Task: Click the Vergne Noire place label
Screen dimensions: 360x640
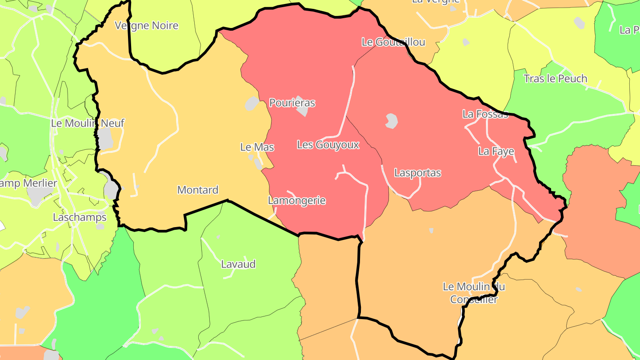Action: tap(146, 25)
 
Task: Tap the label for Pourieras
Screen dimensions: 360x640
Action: tap(292, 103)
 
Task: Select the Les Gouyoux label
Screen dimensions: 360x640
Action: tap(328, 144)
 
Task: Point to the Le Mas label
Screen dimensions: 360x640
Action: tap(257, 147)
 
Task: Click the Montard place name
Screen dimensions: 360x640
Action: tap(198, 190)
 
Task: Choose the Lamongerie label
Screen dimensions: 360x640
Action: tap(297, 200)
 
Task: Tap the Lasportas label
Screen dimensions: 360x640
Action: tap(418, 173)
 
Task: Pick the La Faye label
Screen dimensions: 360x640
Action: tap(496, 151)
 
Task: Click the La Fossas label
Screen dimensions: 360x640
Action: tap(485, 114)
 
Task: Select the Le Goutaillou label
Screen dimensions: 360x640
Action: tap(393, 42)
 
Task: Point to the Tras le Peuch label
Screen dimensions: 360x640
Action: tap(555, 79)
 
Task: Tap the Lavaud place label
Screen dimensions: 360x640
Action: tap(238, 264)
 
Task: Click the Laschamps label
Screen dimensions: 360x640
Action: tap(80, 217)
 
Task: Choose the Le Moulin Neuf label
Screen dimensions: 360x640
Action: tap(88, 123)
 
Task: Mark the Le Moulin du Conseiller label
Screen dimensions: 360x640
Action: tap(474, 293)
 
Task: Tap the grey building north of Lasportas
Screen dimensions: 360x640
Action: tap(391, 121)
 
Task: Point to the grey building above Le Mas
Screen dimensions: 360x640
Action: tap(252, 104)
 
